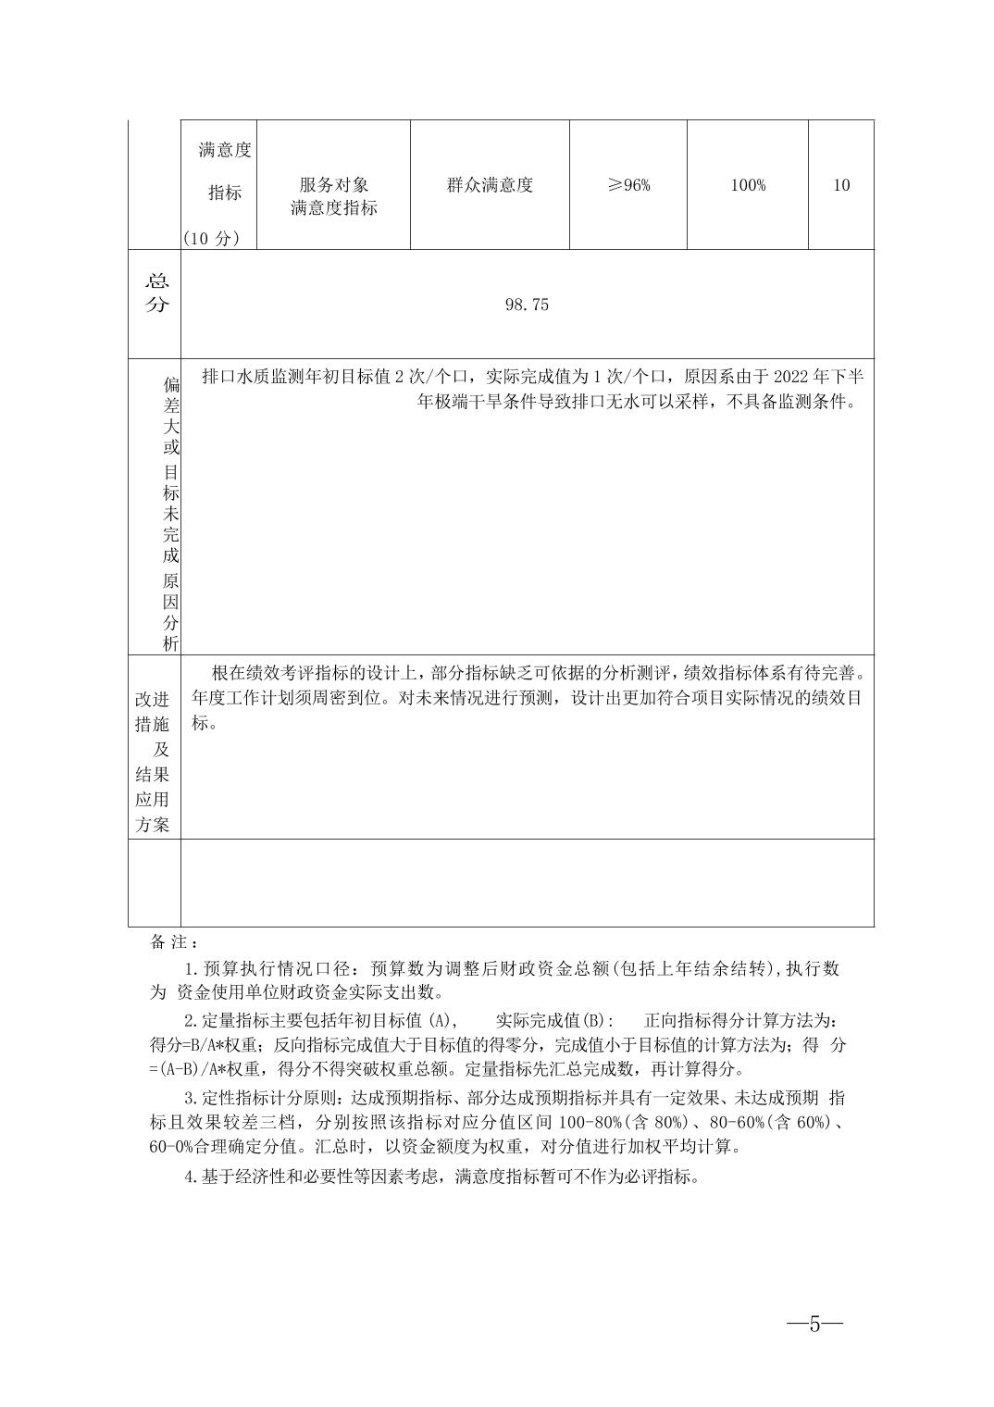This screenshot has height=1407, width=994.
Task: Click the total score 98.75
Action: point(527,305)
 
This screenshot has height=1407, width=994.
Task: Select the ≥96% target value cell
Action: point(628,185)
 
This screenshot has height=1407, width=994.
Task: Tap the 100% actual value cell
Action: point(748,185)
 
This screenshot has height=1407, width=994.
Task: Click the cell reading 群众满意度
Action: point(490,184)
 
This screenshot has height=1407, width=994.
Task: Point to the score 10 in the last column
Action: point(841,185)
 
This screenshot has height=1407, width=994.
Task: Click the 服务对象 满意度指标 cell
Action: point(333,196)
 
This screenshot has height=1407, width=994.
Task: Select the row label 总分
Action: point(156,293)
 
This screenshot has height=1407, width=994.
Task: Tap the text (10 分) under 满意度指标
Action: point(211,238)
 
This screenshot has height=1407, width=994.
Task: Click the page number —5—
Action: point(814,1323)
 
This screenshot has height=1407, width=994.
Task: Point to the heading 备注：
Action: point(173,941)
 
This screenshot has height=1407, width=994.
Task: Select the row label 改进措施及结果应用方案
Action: point(153,762)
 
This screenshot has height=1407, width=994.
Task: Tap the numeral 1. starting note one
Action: point(192,969)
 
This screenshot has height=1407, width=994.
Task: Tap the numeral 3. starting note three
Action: point(192,1099)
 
